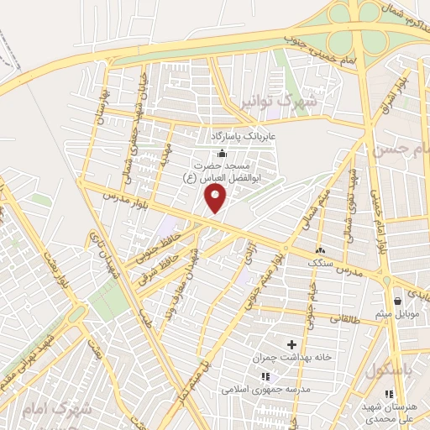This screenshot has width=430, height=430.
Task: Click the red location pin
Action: click(216, 199)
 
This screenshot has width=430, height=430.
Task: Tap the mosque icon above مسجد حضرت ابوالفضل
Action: click(222, 154)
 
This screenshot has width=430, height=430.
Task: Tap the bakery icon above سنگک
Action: click(320, 250)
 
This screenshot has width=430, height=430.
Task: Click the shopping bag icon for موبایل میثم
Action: click(397, 302)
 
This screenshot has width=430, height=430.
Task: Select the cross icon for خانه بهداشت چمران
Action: click(292, 344)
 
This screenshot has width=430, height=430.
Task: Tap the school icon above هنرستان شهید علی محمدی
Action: click(387, 394)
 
